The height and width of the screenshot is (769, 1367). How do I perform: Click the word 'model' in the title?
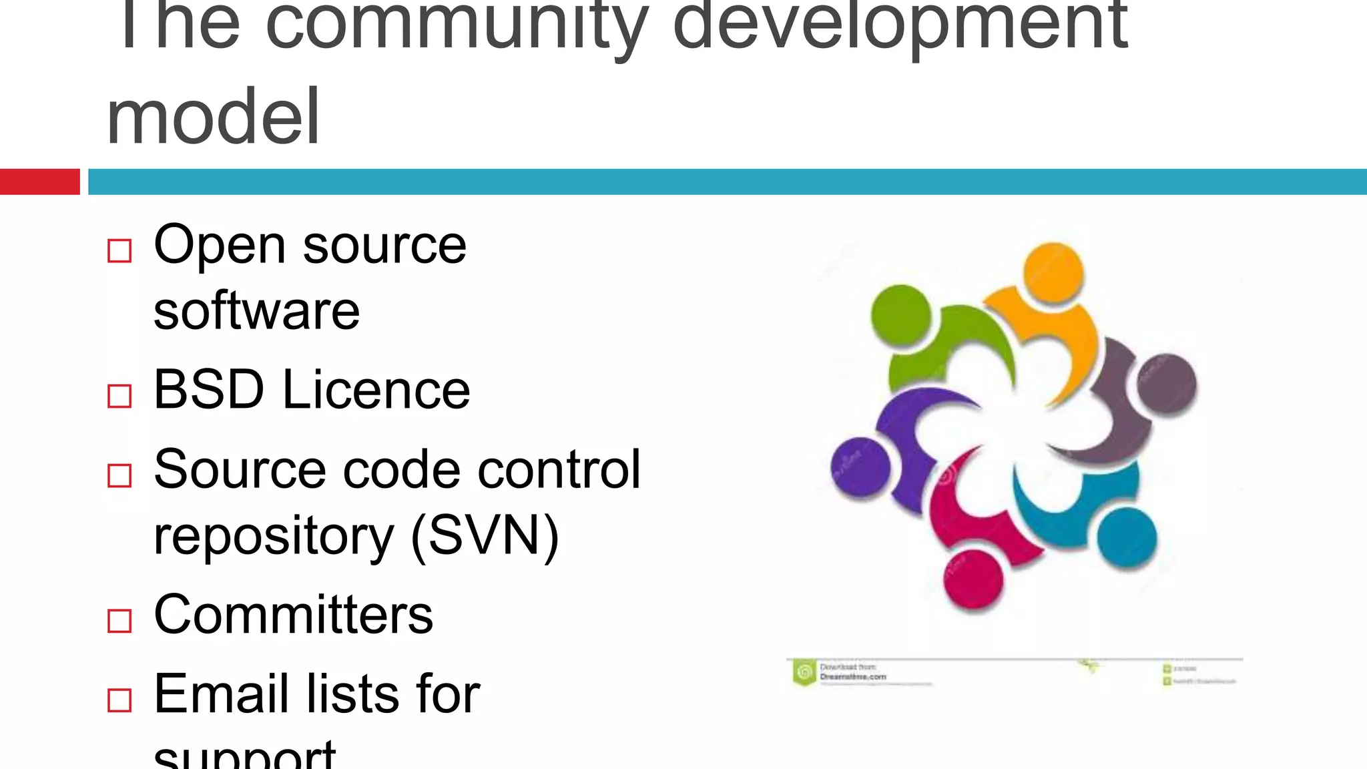coord(214,117)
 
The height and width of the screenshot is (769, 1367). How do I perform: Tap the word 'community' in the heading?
coord(457,27)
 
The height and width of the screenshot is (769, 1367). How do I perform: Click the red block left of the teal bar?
coord(39,182)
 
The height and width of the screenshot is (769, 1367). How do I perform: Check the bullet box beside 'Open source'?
coord(119,251)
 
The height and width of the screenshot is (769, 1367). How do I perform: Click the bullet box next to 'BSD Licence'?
coord(119,396)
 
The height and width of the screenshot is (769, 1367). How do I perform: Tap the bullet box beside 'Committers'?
coord(119,621)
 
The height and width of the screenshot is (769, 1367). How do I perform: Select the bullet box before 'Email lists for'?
coord(119,700)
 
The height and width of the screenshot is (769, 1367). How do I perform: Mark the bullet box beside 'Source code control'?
coord(119,475)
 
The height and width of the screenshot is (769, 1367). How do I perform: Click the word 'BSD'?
coord(209,390)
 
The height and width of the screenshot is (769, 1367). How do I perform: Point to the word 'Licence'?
coord(376,390)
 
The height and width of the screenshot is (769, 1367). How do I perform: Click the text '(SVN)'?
coord(485,535)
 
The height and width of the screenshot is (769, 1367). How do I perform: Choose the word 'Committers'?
coord(294,615)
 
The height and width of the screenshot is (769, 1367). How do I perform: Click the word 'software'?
coord(257,311)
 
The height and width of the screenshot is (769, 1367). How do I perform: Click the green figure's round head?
coord(900,314)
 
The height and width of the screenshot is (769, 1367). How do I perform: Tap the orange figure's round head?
coord(1053,272)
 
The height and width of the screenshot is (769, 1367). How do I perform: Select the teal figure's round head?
coord(1127,538)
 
